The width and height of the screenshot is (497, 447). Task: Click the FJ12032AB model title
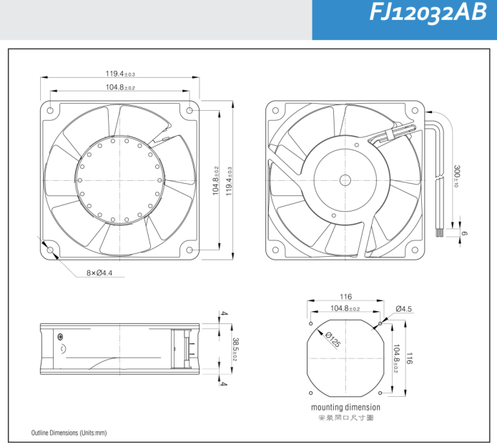428,13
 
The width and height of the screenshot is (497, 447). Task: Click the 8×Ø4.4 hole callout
99,272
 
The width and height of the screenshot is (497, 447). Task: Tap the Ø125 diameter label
333,339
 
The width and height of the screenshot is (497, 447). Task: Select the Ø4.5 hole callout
403,309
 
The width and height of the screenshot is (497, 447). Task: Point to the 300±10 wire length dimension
457,176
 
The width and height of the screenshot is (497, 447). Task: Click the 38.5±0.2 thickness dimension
235,349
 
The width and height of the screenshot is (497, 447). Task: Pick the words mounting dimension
345,407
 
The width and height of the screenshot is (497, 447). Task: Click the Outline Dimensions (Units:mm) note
69,433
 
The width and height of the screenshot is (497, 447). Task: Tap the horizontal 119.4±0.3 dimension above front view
120,74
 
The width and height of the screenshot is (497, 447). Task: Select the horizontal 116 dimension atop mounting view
345,297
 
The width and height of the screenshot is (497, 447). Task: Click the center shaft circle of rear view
345,180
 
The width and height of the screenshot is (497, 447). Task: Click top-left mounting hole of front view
50,110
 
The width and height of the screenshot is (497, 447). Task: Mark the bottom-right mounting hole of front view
190,250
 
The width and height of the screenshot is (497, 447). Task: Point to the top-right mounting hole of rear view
415,110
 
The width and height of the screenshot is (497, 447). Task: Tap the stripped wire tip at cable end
438,232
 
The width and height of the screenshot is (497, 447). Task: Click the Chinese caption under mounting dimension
346,418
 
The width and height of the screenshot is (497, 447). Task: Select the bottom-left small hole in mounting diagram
310,393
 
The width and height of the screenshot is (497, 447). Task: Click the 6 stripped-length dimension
464,234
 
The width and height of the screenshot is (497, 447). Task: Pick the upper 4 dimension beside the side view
224,313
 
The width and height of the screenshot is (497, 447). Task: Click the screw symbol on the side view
60,337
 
